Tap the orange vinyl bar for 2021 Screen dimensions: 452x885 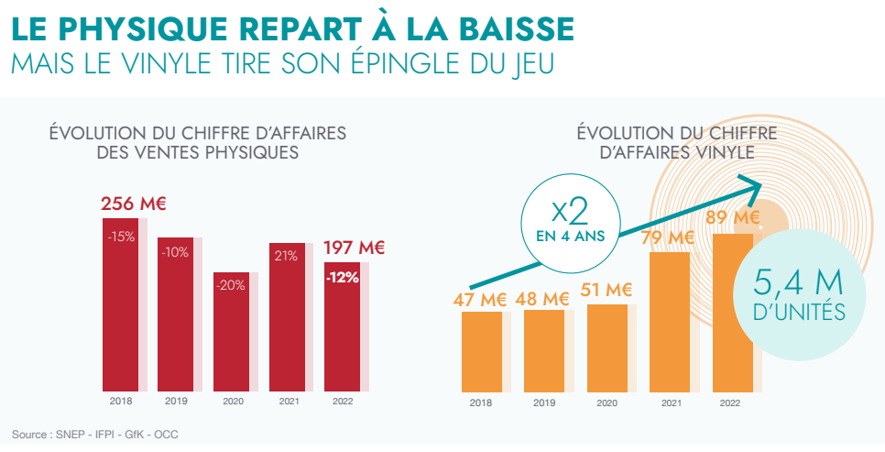click(x=669, y=321)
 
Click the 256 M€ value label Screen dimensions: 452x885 click(x=126, y=204)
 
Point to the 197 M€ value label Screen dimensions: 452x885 click(x=354, y=248)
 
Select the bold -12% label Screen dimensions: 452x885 click(x=343, y=278)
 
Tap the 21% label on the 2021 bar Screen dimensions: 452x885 click(x=285, y=256)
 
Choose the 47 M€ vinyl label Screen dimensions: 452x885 click(x=480, y=299)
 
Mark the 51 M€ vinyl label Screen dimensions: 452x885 click(x=606, y=291)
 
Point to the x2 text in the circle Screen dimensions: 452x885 click(x=571, y=213)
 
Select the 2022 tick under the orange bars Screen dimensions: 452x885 click(x=730, y=402)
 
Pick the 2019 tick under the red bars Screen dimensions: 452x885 click(x=176, y=401)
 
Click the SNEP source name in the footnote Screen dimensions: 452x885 click(x=71, y=434)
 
